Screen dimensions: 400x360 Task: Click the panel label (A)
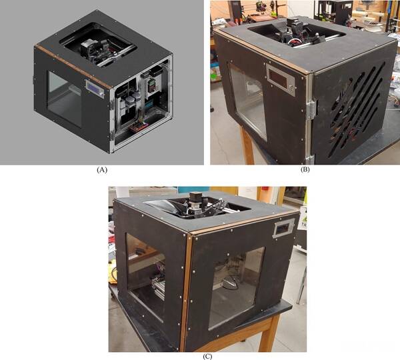point(102,170)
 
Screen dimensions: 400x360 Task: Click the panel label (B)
point(305,169)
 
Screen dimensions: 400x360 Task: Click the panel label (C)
point(207,357)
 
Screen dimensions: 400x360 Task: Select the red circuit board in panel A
point(139,127)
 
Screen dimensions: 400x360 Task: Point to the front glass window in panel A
point(65,99)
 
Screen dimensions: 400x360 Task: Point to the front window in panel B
point(247,102)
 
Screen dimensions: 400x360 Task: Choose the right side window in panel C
point(236,287)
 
